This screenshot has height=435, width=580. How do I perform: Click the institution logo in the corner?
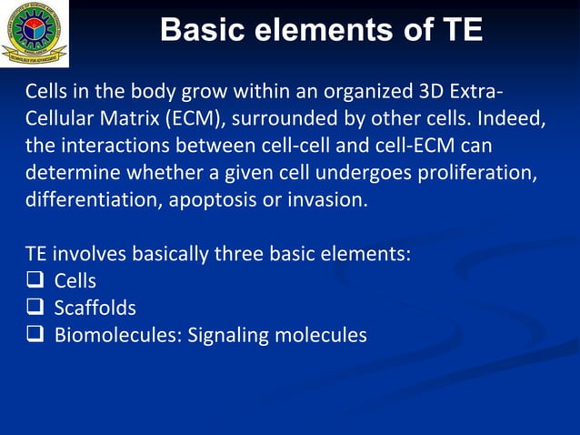(x=34, y=33)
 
